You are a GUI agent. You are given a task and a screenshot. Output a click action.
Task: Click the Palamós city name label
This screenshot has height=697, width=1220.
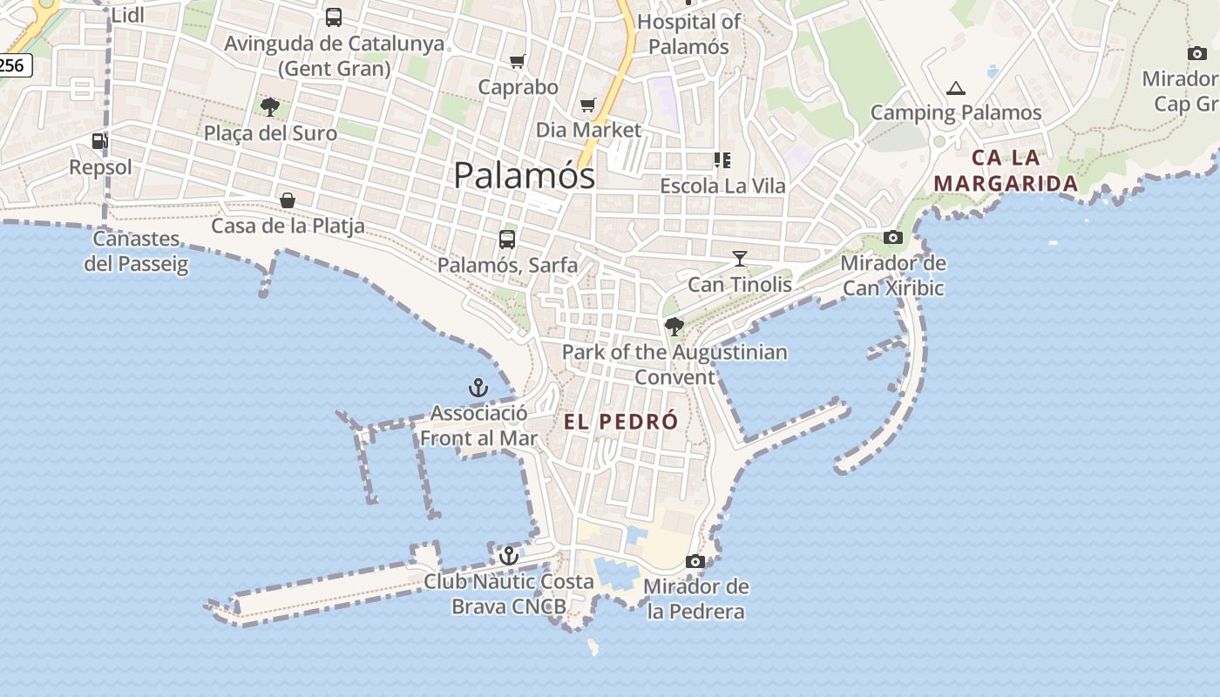coord(525,175)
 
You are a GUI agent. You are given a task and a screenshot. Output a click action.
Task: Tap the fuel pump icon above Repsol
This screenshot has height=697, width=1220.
coord(100,141)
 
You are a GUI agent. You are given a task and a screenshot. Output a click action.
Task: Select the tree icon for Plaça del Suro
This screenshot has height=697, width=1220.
coord(270,107)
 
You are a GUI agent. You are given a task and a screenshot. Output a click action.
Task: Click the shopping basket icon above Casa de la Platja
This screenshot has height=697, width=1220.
coord(288,200)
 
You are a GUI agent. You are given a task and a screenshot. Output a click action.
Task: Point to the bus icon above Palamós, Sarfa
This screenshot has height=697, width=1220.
coord(507,239)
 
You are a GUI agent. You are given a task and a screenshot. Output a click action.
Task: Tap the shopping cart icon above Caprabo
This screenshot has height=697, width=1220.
coord(518,61)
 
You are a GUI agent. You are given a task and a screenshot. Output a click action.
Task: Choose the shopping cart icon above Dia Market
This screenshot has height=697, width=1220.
coord(588,105)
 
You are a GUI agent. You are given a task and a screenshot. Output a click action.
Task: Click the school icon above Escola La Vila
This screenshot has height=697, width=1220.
coord(722,160)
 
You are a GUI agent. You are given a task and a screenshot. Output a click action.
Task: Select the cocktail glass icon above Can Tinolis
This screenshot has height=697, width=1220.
coord(740,258)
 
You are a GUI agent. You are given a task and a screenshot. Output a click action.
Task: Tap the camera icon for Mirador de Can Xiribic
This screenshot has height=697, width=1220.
coord(893,237)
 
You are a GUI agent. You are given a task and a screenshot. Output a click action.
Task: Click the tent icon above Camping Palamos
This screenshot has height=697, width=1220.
coord(956,88)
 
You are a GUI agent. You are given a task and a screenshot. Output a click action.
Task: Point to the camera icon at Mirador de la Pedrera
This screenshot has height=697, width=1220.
coord(695,561)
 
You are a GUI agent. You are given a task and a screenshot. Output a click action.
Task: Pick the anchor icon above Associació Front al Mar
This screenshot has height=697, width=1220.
coord(478,388)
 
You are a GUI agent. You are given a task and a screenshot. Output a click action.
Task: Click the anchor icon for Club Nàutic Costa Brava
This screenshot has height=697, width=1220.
coord(509,555)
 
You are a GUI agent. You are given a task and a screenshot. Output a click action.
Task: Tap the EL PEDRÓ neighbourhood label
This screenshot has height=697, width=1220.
coord(620,422)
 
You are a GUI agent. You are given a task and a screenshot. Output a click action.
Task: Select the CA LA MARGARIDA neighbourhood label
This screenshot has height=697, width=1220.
coord(1006,171)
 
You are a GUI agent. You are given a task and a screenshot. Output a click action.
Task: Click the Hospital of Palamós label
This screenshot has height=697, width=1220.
coord(688,34)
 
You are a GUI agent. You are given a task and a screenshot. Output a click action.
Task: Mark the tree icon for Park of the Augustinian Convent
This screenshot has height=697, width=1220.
coord(674,327)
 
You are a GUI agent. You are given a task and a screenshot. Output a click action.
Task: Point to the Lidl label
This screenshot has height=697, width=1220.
coord(128,14)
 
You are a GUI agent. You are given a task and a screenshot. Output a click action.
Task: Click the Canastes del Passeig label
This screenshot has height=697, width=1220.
coord(137,251)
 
